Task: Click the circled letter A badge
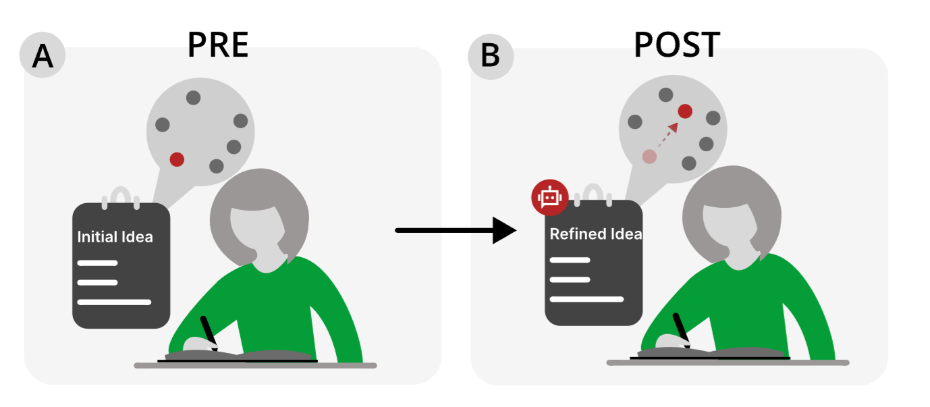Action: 43,55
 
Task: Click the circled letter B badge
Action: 491,55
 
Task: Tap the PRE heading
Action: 218,45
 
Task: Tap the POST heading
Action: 676,45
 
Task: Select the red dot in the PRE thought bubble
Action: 177,159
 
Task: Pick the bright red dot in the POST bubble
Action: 685,111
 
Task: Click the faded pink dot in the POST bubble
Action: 649,157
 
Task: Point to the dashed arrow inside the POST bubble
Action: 666,134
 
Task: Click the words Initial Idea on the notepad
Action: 115,237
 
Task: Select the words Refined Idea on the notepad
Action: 595,234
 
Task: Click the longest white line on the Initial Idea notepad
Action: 114,302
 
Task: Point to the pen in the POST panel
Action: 681,329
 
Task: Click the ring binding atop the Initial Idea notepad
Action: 120,196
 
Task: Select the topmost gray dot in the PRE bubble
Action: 193,98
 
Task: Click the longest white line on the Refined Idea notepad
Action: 586,299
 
